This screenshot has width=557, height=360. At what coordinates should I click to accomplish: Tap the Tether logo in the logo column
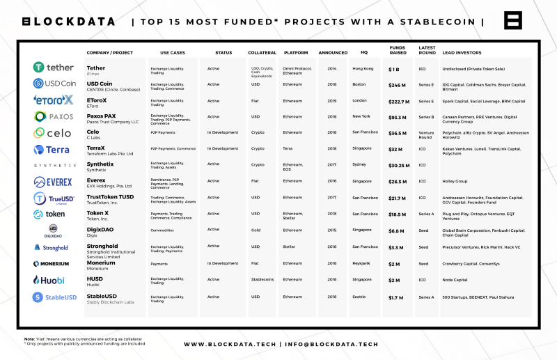click(x=53, y=68)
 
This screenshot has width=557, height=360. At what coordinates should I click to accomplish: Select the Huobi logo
click(x=49, y=280)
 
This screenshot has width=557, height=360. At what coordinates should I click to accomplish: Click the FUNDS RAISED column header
click(x=398, y=52)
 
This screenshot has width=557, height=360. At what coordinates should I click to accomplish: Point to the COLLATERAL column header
click(x=262, y=53)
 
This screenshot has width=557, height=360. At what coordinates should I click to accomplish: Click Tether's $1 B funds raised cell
click(x=395, y=69)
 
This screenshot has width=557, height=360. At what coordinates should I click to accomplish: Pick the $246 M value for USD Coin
click(x=397, y=85)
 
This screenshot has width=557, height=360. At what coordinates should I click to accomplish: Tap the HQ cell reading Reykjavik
click(x=362, y=263)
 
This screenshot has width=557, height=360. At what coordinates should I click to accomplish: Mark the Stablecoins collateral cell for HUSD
click(x=262, y=279)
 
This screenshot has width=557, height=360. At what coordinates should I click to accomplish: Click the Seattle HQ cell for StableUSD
click(x=359, y=296)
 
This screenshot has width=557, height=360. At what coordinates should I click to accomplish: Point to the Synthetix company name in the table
click(x=102, y=164)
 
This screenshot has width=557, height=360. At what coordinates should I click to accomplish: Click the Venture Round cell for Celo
click(x=426, y=134)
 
